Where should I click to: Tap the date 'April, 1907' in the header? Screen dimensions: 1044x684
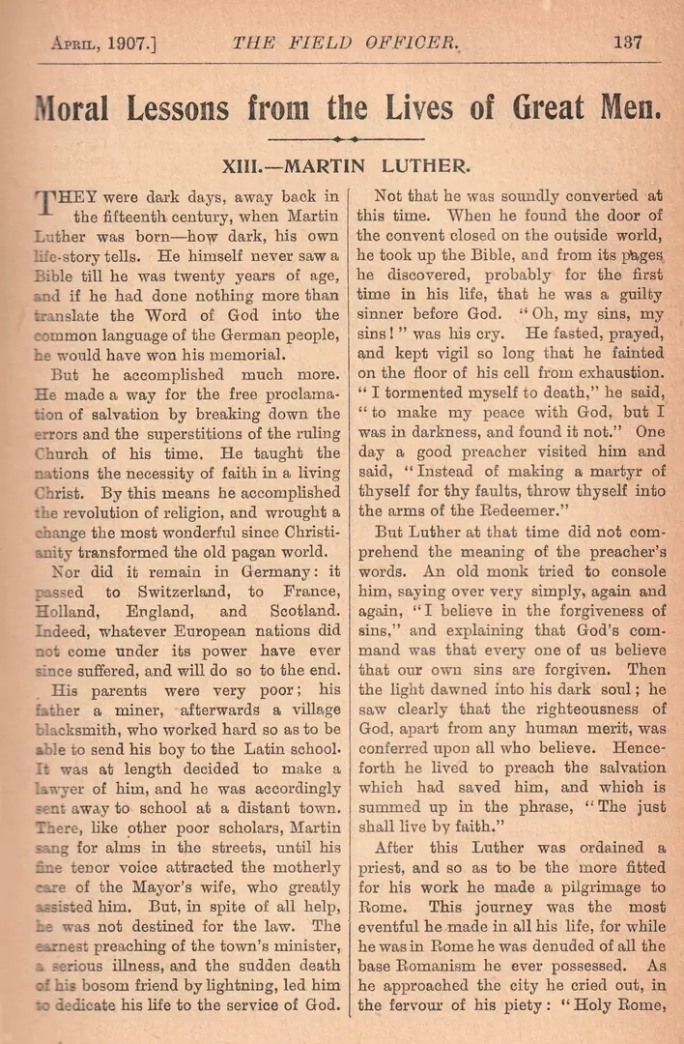tap(105, 43)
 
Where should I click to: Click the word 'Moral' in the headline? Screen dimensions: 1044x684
tap(80, 104)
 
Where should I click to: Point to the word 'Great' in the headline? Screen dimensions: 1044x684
tap(540, 104)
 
